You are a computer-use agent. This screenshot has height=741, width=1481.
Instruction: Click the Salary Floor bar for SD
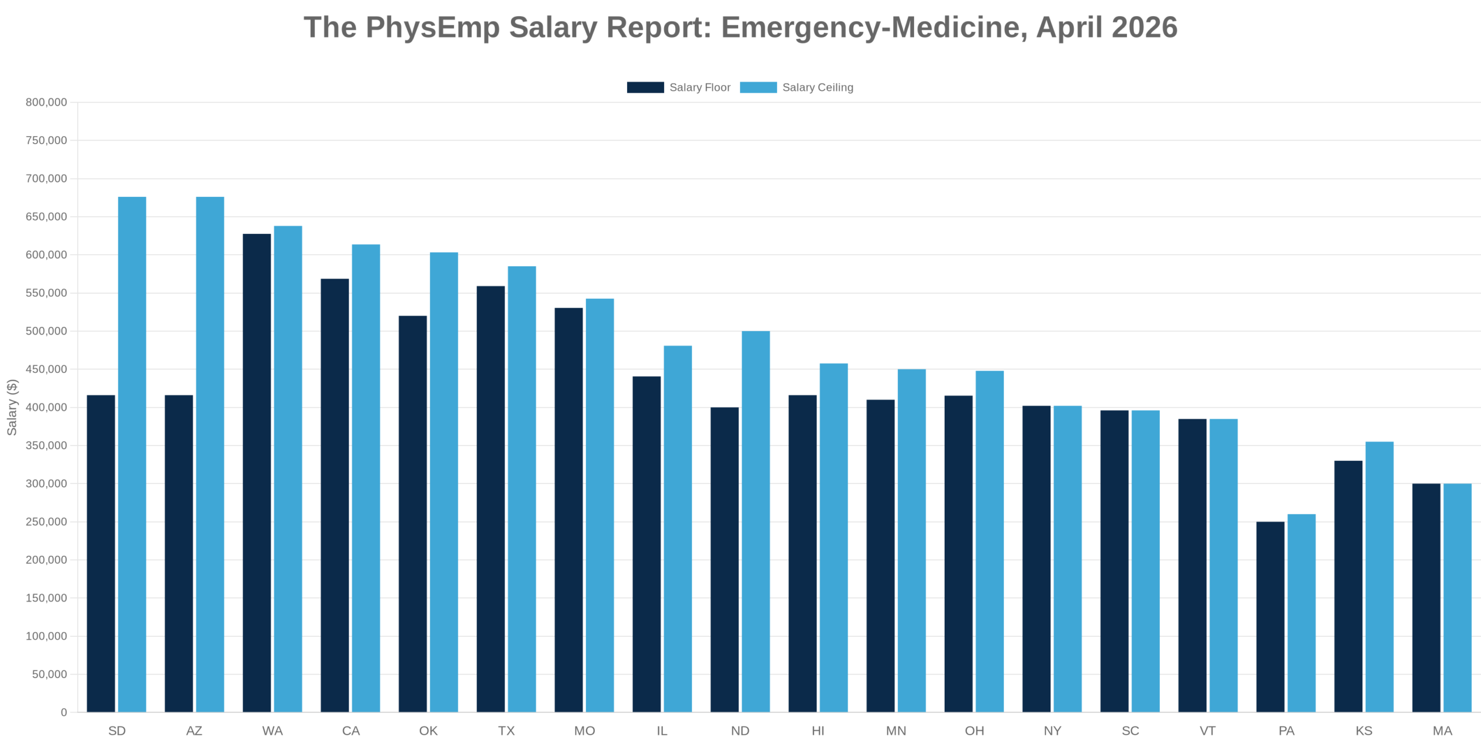tap(101, 553)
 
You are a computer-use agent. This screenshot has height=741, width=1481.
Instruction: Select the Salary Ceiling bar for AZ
tap(210, 454)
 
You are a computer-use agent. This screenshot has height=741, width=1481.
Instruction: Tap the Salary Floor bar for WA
tap(257, 472)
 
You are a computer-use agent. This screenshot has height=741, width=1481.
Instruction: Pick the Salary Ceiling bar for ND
tap(756, 521)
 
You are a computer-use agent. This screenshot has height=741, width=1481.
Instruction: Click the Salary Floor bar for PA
tap(1270, 617)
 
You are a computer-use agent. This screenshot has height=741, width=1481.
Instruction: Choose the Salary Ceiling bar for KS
tap(1379, 577)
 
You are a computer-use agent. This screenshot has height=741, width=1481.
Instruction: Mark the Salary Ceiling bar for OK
tap(444, 482)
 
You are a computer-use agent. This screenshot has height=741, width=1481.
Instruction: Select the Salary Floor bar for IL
tap(646, 544)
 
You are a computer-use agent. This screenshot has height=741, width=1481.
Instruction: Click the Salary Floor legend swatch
tap(645, 87)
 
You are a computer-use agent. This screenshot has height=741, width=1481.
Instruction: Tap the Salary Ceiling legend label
tap(817, 87)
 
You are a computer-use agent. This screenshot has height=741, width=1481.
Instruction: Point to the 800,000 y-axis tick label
tap(46, 102)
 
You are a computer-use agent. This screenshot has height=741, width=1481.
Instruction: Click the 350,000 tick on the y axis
tap(46, 446)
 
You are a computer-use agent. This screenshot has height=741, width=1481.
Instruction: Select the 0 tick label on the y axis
tap(64, 712)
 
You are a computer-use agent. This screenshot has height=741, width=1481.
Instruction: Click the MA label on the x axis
tap(1442, 731)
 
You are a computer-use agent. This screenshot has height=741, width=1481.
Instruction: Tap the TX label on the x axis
tap(506, 731)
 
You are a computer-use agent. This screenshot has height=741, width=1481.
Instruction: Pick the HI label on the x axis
tap(818, 731)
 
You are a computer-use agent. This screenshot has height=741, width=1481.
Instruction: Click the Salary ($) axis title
tap(12, 407)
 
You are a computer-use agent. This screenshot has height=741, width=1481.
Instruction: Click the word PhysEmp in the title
tap(432, 27)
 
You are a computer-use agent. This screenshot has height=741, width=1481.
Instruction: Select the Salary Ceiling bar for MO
tap(600, 505)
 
